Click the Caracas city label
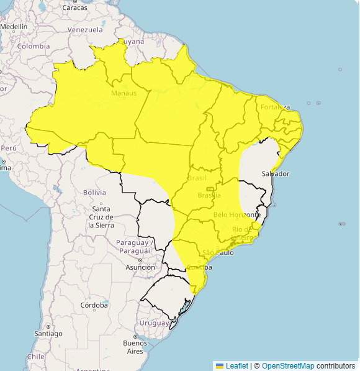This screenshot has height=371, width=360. pyautogui.click(x=75, y=8)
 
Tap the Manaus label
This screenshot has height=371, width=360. pyautogui.click(x=124, y=93)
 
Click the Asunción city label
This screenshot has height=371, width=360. pyautogui.click(x=140, y=267)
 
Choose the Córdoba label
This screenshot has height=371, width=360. pyautogui.click(x=94, y=305)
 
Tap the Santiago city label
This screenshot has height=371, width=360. pyautogui.click(x=48, y=334)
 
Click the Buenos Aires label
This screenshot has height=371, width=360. pyautogui.click(x=135, y=347)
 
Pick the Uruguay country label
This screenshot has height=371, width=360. pyautogui.click(x=154, y=323)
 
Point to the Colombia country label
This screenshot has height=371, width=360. pyautogui.click(x=34, y=46)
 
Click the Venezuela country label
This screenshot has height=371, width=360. pyautogui.click(x=85, y=29)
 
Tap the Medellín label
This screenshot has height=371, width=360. pyautogui.click(x=14, y=27)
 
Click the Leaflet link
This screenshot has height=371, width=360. pyautogui.click(x=236, y=365)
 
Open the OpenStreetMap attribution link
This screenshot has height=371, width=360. pyautogui.click(x=288, y=365)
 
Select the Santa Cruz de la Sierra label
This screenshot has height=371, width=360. pyautogui.click(x=101, y=217)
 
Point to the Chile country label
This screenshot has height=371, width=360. pyautogui.click(x=35, y=357)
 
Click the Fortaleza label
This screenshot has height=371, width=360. pyautogui.click(x=275, y=107)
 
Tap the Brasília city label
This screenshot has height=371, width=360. pyautogui.click(x=209, y=195)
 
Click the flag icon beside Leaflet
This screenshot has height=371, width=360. pyautogui.click(x=219, y=365)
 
